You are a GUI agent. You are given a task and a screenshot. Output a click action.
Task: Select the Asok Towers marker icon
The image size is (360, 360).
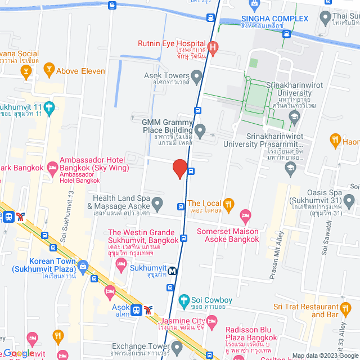pyautogui.click(x=196, y=75)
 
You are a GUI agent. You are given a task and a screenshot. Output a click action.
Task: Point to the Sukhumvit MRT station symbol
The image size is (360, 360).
pyautogui.click(x=173, y=271)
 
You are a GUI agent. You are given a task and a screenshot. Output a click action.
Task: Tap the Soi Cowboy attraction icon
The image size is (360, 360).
pyautogui.click(x=183, y=299)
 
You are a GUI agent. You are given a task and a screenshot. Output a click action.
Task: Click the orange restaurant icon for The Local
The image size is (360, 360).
pyautogui.click(x=228, y=204)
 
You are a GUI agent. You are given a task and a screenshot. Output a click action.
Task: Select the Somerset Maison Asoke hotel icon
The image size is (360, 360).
pyautogui.click(x=245, y=215)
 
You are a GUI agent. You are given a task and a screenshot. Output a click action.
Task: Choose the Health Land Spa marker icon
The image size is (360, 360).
pyautogui.click(x=157, y=202)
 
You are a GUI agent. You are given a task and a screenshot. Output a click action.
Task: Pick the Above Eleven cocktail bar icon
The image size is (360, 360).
pyautogui.click(x=48, y=71)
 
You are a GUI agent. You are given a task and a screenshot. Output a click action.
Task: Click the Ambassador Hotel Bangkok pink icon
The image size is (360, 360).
pyautogui.click(x=53, y=166)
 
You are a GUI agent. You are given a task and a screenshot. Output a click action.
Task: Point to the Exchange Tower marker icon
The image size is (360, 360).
pyautogui.click(x=177, y=345)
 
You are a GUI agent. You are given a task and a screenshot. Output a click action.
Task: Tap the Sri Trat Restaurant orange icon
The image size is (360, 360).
pyautogui.click(x=345, y=307)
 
